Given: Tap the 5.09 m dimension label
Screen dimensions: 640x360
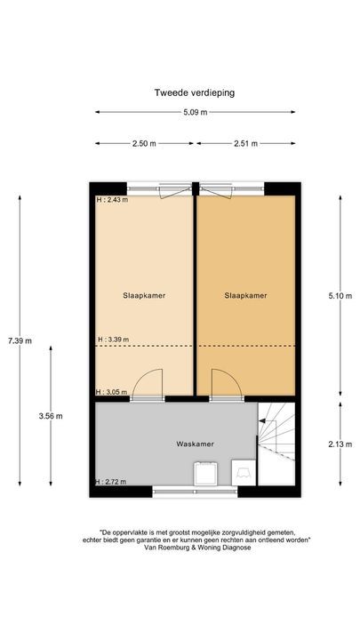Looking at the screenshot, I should point(195,112).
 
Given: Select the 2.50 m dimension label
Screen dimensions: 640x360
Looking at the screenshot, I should point(143,141).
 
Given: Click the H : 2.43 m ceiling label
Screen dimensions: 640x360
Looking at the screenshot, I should point(112,200).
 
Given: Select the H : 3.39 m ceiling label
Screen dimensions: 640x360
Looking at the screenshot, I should point(113,339).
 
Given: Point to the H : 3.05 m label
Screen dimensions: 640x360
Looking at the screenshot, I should point(112,392).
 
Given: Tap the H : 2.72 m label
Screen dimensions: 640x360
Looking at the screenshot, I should point(112,482).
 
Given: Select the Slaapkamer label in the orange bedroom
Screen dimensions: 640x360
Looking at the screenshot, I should point(245,296).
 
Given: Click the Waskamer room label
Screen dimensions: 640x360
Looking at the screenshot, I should point(195,444).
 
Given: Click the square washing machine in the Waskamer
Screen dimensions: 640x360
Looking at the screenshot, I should point(208,473).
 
